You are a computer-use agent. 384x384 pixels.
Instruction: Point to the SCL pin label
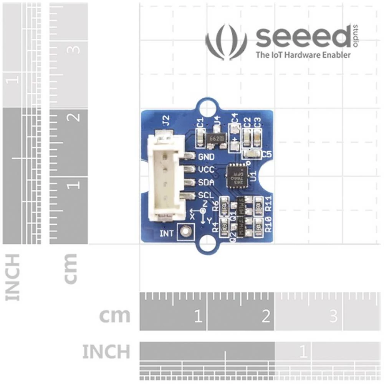point(206,195)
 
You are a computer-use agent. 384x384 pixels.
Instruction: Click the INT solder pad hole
point(186,231)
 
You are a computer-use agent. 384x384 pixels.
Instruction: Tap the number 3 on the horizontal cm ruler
point(333,316)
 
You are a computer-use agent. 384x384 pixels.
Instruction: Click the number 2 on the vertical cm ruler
point(76,115)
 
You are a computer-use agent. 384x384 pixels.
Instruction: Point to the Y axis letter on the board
point(209,220)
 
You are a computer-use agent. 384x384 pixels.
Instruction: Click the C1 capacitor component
point(200,137)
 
